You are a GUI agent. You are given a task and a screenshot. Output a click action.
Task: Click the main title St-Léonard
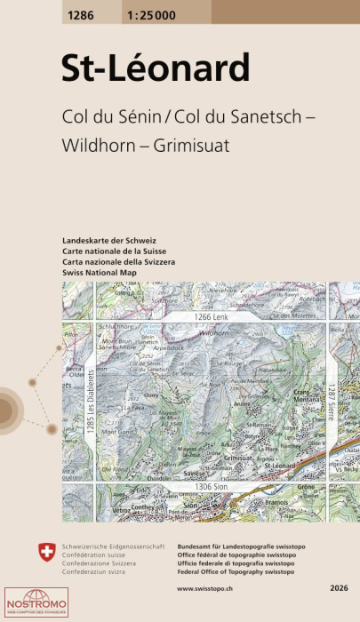coord(155,68)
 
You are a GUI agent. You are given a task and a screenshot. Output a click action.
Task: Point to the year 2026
coord(337,588)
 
